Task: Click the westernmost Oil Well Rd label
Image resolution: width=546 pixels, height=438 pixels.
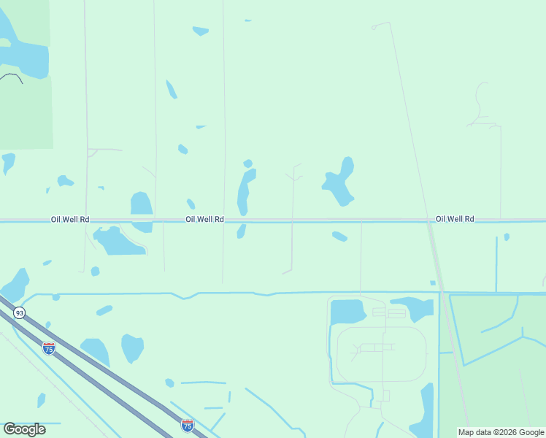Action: [70, 219]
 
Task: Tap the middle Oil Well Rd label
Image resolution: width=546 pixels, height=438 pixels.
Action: [204, 219]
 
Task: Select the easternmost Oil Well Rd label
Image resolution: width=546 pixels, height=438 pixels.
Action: [455, 219]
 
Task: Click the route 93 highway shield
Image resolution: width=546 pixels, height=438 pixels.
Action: [19, 312]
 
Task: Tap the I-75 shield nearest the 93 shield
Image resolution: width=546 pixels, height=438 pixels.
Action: [48, 348]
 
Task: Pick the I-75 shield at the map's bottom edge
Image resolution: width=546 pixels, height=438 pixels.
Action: [188, 426]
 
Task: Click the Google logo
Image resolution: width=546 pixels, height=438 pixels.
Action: [24, 429]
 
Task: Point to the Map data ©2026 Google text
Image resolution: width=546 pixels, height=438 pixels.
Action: [501, 432]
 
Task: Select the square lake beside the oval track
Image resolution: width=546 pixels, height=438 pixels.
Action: [347, 312]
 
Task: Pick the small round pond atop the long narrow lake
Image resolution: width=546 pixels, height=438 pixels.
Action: [248, 164]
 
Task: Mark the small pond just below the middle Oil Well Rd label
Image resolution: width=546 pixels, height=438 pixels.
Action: [241, 231]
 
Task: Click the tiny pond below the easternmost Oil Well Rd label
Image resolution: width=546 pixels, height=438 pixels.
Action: [507, 237]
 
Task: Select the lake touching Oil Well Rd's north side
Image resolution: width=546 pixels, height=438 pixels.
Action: [141, 205]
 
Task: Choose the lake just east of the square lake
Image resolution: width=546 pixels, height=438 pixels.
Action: [412, 307]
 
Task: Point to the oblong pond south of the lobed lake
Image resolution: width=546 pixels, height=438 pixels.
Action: [339, 237]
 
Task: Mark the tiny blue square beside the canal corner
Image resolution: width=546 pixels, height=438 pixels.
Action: [433, 283]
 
